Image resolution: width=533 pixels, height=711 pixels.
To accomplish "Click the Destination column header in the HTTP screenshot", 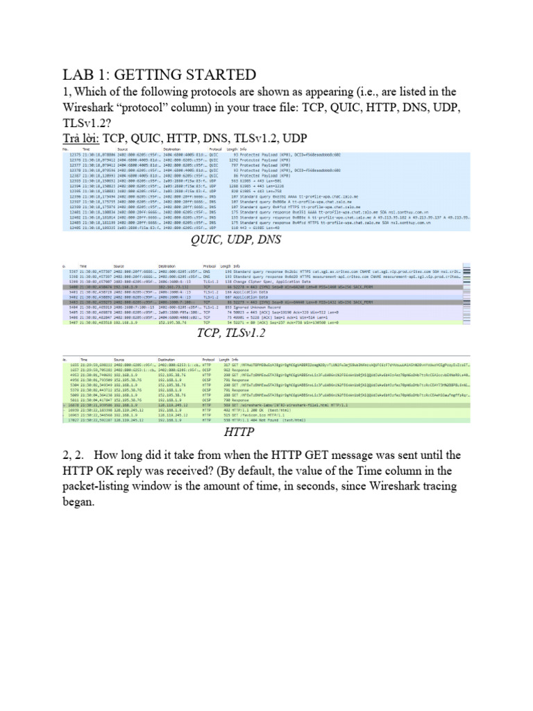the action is pos(169,360).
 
